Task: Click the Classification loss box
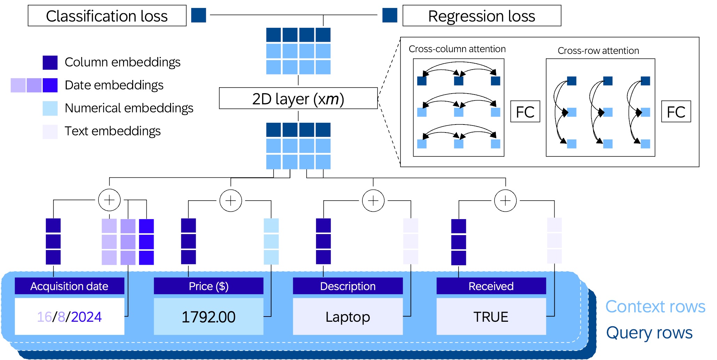coord(107,16)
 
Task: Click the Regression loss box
coord(482,16)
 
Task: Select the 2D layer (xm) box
coord(298,98)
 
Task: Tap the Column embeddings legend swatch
coord(50,63)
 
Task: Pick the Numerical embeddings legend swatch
coord(50,108)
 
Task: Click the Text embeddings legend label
coord(112,131)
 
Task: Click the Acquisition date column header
coord(69,286)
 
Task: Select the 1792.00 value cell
coord(208,317)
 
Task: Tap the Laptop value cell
coord(348,317)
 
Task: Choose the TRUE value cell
coord(491,317)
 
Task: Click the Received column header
coord(491,286)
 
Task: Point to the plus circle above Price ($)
coord(231,200)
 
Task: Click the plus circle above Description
coord(373,200)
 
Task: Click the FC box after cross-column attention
coord(525,112)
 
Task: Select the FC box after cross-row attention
coord(676,112)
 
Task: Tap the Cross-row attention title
coord(598,51)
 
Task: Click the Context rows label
coord(655,307)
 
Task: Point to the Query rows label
coord(649,333)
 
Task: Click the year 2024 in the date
coord(86,317)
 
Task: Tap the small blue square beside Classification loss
coord(199,15)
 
